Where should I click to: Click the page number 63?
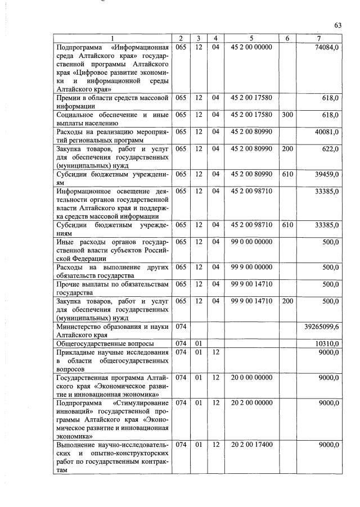[x=338, y=25]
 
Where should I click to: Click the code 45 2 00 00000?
[x=252, y=47]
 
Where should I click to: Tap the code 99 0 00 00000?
[x=252, y=242]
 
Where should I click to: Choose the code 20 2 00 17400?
[x=252, y=445]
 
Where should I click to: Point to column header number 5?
[x=251, y=38]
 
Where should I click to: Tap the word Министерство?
[x=81, y=326]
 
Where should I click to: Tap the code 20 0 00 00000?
[x=252, y=377]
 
